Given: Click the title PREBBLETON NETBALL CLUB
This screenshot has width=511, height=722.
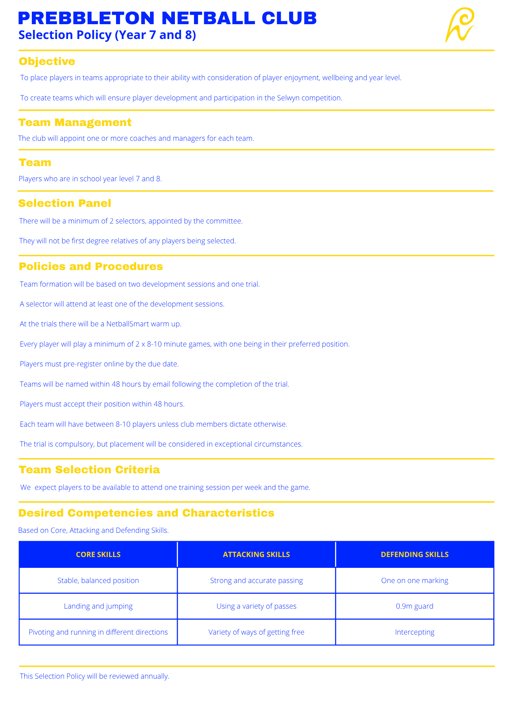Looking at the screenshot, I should (x=167, y=18).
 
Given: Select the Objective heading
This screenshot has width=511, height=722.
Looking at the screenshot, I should (x=47, y=61).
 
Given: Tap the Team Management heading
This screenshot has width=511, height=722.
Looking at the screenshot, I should (x=75, y=122).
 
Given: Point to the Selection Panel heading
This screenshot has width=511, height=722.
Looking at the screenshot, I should (x=65, y=203).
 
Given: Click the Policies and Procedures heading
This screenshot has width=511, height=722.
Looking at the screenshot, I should (x=91, y=266).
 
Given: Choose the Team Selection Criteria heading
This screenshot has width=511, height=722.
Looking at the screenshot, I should (x=89, y=470).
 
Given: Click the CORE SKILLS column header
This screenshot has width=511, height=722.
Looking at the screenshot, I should (x=98, y=554).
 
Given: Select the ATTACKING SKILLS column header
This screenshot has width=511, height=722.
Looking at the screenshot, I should (x=256, y=554).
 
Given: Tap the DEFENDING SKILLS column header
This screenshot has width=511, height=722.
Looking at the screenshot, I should (x=415, y=554).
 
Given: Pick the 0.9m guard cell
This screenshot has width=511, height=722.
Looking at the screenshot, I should (x=415, y=606).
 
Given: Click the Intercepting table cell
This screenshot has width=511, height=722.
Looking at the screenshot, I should (x=415, y=632).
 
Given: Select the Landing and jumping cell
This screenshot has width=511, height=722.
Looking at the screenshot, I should (x=98, y=606).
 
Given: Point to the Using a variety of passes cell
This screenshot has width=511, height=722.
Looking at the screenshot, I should (x=256, y=606).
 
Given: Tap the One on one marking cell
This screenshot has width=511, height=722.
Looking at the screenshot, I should (x=415, y=580).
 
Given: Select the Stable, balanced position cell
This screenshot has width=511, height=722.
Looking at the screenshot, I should (x=98, y=580).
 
